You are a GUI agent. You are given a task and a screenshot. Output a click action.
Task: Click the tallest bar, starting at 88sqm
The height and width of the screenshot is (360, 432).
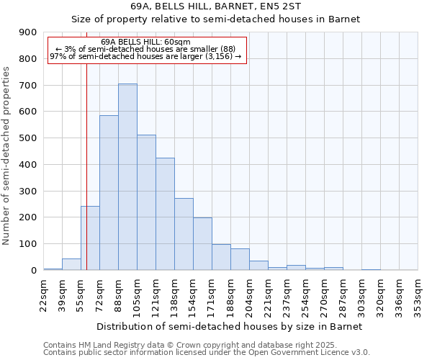coord(127,176)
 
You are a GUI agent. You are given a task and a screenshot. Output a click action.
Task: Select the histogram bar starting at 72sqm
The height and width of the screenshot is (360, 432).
coord(109,192)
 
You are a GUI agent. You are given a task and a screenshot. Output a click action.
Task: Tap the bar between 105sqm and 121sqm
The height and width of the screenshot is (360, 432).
coord(146,202)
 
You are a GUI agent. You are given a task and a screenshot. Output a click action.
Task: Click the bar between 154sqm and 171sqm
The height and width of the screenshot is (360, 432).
coord(202,243)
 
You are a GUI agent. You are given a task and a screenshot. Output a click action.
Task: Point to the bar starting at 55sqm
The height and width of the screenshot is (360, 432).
coord(90,238)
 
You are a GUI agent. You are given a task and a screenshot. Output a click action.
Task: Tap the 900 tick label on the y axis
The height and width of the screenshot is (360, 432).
coord(28,32)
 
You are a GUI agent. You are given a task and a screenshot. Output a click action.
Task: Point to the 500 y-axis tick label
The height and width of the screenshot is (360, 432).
coord(28,138)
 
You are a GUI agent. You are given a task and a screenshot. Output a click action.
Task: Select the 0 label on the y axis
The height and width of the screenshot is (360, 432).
coord(33,270)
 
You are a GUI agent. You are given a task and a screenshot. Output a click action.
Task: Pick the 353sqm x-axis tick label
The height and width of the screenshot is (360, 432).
coord(418,294)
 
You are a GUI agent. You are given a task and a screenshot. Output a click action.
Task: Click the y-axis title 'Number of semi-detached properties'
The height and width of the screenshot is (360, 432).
coord(7,155)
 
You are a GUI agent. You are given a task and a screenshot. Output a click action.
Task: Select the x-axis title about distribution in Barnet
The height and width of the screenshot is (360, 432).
coord(231,326)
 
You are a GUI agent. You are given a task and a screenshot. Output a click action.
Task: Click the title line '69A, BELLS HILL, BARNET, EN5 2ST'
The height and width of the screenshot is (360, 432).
coord(231,6)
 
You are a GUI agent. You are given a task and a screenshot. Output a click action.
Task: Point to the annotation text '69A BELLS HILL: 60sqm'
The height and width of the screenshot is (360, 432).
coord(147,42)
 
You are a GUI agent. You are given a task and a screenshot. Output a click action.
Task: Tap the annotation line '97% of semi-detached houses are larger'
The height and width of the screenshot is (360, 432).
coord(146,56)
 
